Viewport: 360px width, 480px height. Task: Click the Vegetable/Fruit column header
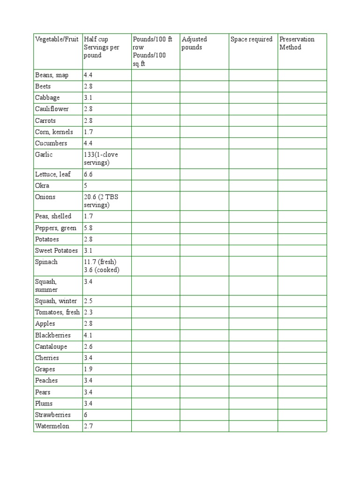[57, 39]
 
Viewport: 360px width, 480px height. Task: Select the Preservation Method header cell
[297, 43]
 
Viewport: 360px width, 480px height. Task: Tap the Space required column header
[251, 39]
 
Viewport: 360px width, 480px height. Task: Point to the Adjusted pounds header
[195, 43]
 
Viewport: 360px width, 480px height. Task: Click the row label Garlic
[44, 155]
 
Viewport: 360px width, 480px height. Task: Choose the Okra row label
[42, 186]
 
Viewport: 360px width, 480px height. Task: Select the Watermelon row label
[52, 426]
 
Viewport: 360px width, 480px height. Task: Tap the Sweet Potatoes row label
[56, 250]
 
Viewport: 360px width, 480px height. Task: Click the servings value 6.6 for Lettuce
[89, 174]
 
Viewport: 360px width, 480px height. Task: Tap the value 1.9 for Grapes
[89, 369]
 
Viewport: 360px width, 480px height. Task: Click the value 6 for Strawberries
[86, 415]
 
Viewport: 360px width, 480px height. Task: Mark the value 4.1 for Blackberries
[89, 335]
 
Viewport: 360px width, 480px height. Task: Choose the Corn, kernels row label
[54, 132]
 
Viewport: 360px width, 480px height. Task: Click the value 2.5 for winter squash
[89, 301]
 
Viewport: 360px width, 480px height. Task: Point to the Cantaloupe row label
[51, 346]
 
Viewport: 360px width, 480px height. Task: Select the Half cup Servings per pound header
[101, 47]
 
